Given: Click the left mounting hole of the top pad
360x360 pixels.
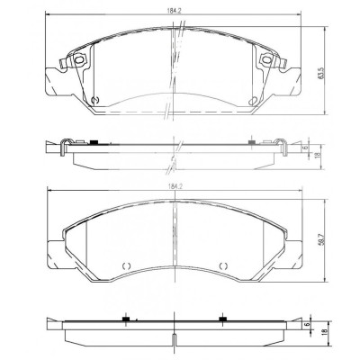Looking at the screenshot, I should click(77, 61).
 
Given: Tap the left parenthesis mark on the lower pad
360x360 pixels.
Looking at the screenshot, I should click(126, 266).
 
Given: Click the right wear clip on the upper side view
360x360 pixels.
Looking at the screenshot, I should click(281, 143).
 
